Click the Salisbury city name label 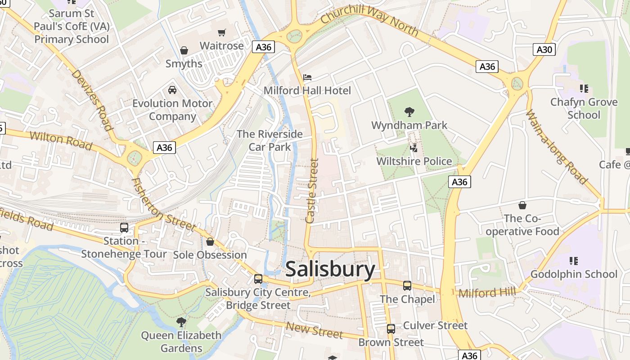pos(330,270)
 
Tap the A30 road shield pos(544,49)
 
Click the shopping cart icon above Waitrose pos(221,32)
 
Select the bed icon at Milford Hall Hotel pos(307,77)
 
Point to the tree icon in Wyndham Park pos(409,112)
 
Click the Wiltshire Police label pos(414,161)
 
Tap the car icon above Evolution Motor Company pos(172,90)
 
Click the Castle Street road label pos(312,190)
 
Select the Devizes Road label pos(91,100)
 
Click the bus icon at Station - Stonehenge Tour pos(124,228)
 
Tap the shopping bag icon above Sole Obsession pos(210,242)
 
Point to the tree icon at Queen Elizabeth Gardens pos(181,322)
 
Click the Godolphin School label pos(573,274)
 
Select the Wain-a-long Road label pos(557,147)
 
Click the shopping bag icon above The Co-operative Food pos(522,205)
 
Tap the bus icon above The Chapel pos(407,285)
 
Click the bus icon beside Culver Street pos(391,328)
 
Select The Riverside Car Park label pos(270,140)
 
